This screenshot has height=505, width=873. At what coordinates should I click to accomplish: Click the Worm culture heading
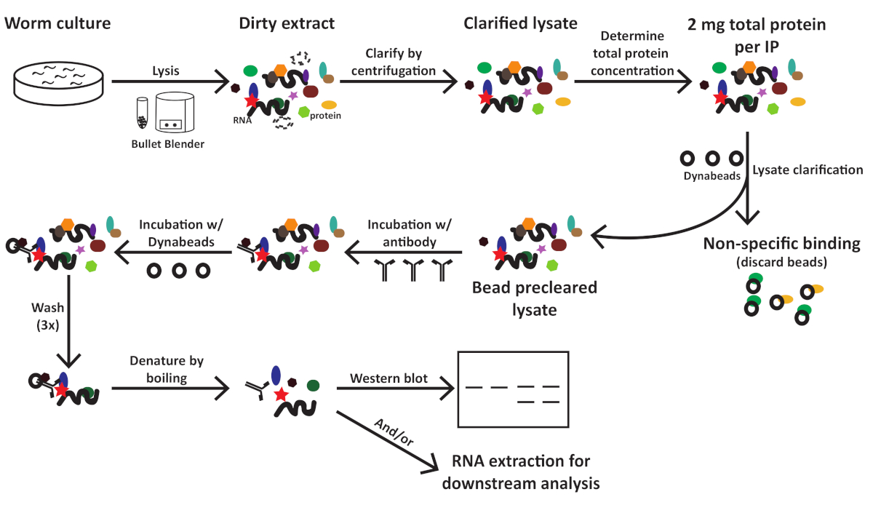[58, 23]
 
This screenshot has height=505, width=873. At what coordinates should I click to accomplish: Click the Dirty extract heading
[287, 23]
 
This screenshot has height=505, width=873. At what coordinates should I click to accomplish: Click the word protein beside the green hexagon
[324, 116]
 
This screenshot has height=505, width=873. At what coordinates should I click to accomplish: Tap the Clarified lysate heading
[520, 23]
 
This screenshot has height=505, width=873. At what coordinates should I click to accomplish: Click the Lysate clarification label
[808, 170]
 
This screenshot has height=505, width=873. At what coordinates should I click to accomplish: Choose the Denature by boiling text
[167, 370]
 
